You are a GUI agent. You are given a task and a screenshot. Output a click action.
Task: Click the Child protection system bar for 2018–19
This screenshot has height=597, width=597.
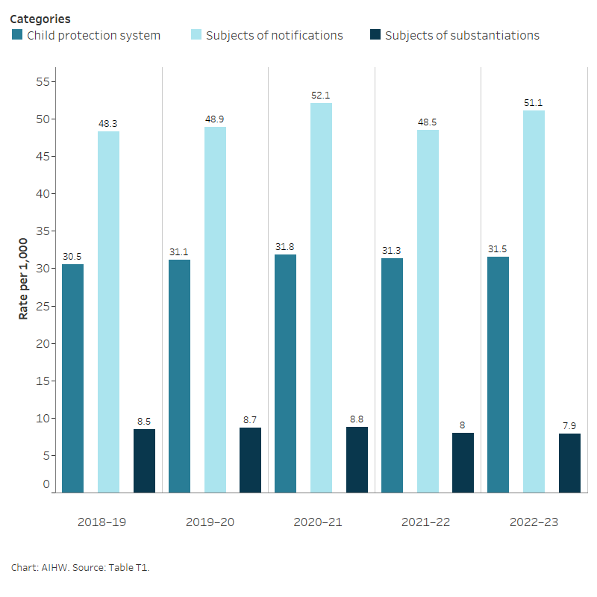[73, 378]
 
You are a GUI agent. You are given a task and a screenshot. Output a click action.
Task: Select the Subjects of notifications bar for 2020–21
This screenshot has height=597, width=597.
[322, 298]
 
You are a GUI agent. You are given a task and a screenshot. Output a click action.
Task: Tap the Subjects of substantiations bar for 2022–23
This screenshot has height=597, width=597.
[569, 463]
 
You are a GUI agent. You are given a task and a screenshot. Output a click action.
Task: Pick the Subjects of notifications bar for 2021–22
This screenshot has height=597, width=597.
[428, 311]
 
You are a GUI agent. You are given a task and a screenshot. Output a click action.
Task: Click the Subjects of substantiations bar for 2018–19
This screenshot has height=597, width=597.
[144, 460]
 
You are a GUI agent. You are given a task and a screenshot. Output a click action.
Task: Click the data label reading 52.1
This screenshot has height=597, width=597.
[322, 96]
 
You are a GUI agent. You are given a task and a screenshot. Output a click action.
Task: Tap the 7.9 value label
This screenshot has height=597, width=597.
[569, 426]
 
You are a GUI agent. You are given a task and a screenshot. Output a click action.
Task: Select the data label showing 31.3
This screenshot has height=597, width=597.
[392, 251]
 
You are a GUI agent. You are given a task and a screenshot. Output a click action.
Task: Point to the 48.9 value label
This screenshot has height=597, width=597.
[215, 119]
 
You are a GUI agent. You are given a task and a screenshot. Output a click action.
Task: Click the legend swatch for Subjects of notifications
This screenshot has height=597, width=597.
[196, 35]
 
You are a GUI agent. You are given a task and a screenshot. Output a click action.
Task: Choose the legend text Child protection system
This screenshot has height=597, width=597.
[93, 35]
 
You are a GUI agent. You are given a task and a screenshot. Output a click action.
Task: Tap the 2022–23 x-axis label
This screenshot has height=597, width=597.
[534, 522]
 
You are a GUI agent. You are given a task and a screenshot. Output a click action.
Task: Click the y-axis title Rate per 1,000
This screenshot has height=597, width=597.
[23, 279]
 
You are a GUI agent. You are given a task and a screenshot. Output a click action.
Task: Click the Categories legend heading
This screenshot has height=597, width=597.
[40, 19]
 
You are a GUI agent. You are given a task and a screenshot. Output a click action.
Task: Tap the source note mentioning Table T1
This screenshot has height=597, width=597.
[81, 568]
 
